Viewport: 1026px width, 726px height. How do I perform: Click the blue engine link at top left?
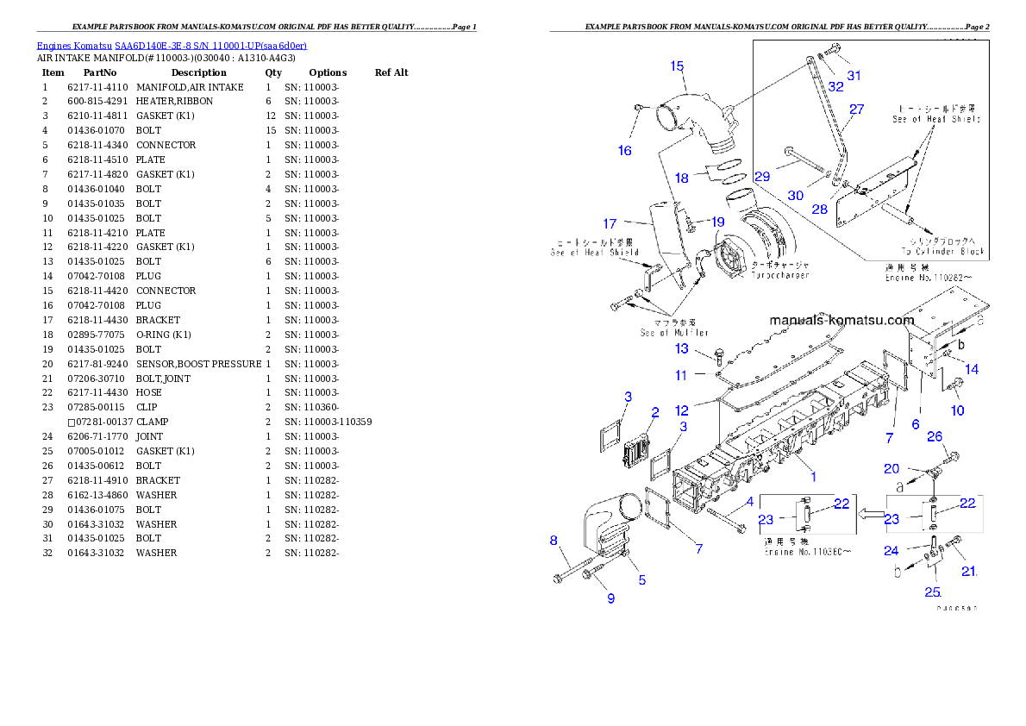pos(171,46)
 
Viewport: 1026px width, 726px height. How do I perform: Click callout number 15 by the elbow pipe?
pos(677,66)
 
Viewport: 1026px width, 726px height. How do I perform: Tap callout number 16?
pos(624,150)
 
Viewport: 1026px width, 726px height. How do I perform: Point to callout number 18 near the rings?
pos(681,178)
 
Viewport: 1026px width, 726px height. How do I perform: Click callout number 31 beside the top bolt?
pos(854,75)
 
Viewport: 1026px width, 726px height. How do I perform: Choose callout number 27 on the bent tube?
pos(856,110)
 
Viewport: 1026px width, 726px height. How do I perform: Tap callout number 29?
pos(761,176)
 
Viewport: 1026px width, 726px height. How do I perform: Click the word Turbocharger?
pos(781,275)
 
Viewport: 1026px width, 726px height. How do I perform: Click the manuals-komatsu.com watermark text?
pos(841,320)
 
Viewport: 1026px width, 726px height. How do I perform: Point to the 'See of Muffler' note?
pos(673,333)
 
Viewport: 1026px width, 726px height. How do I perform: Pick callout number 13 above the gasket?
pos(681,348)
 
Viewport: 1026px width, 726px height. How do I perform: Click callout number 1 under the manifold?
pos(812,475)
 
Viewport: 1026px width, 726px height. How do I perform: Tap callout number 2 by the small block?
pos(655,412)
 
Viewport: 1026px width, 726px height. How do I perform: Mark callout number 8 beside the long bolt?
pos(554,541)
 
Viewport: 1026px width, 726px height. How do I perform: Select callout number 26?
pos(935,436)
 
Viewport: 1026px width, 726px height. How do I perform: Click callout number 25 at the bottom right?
pos(932,591)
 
